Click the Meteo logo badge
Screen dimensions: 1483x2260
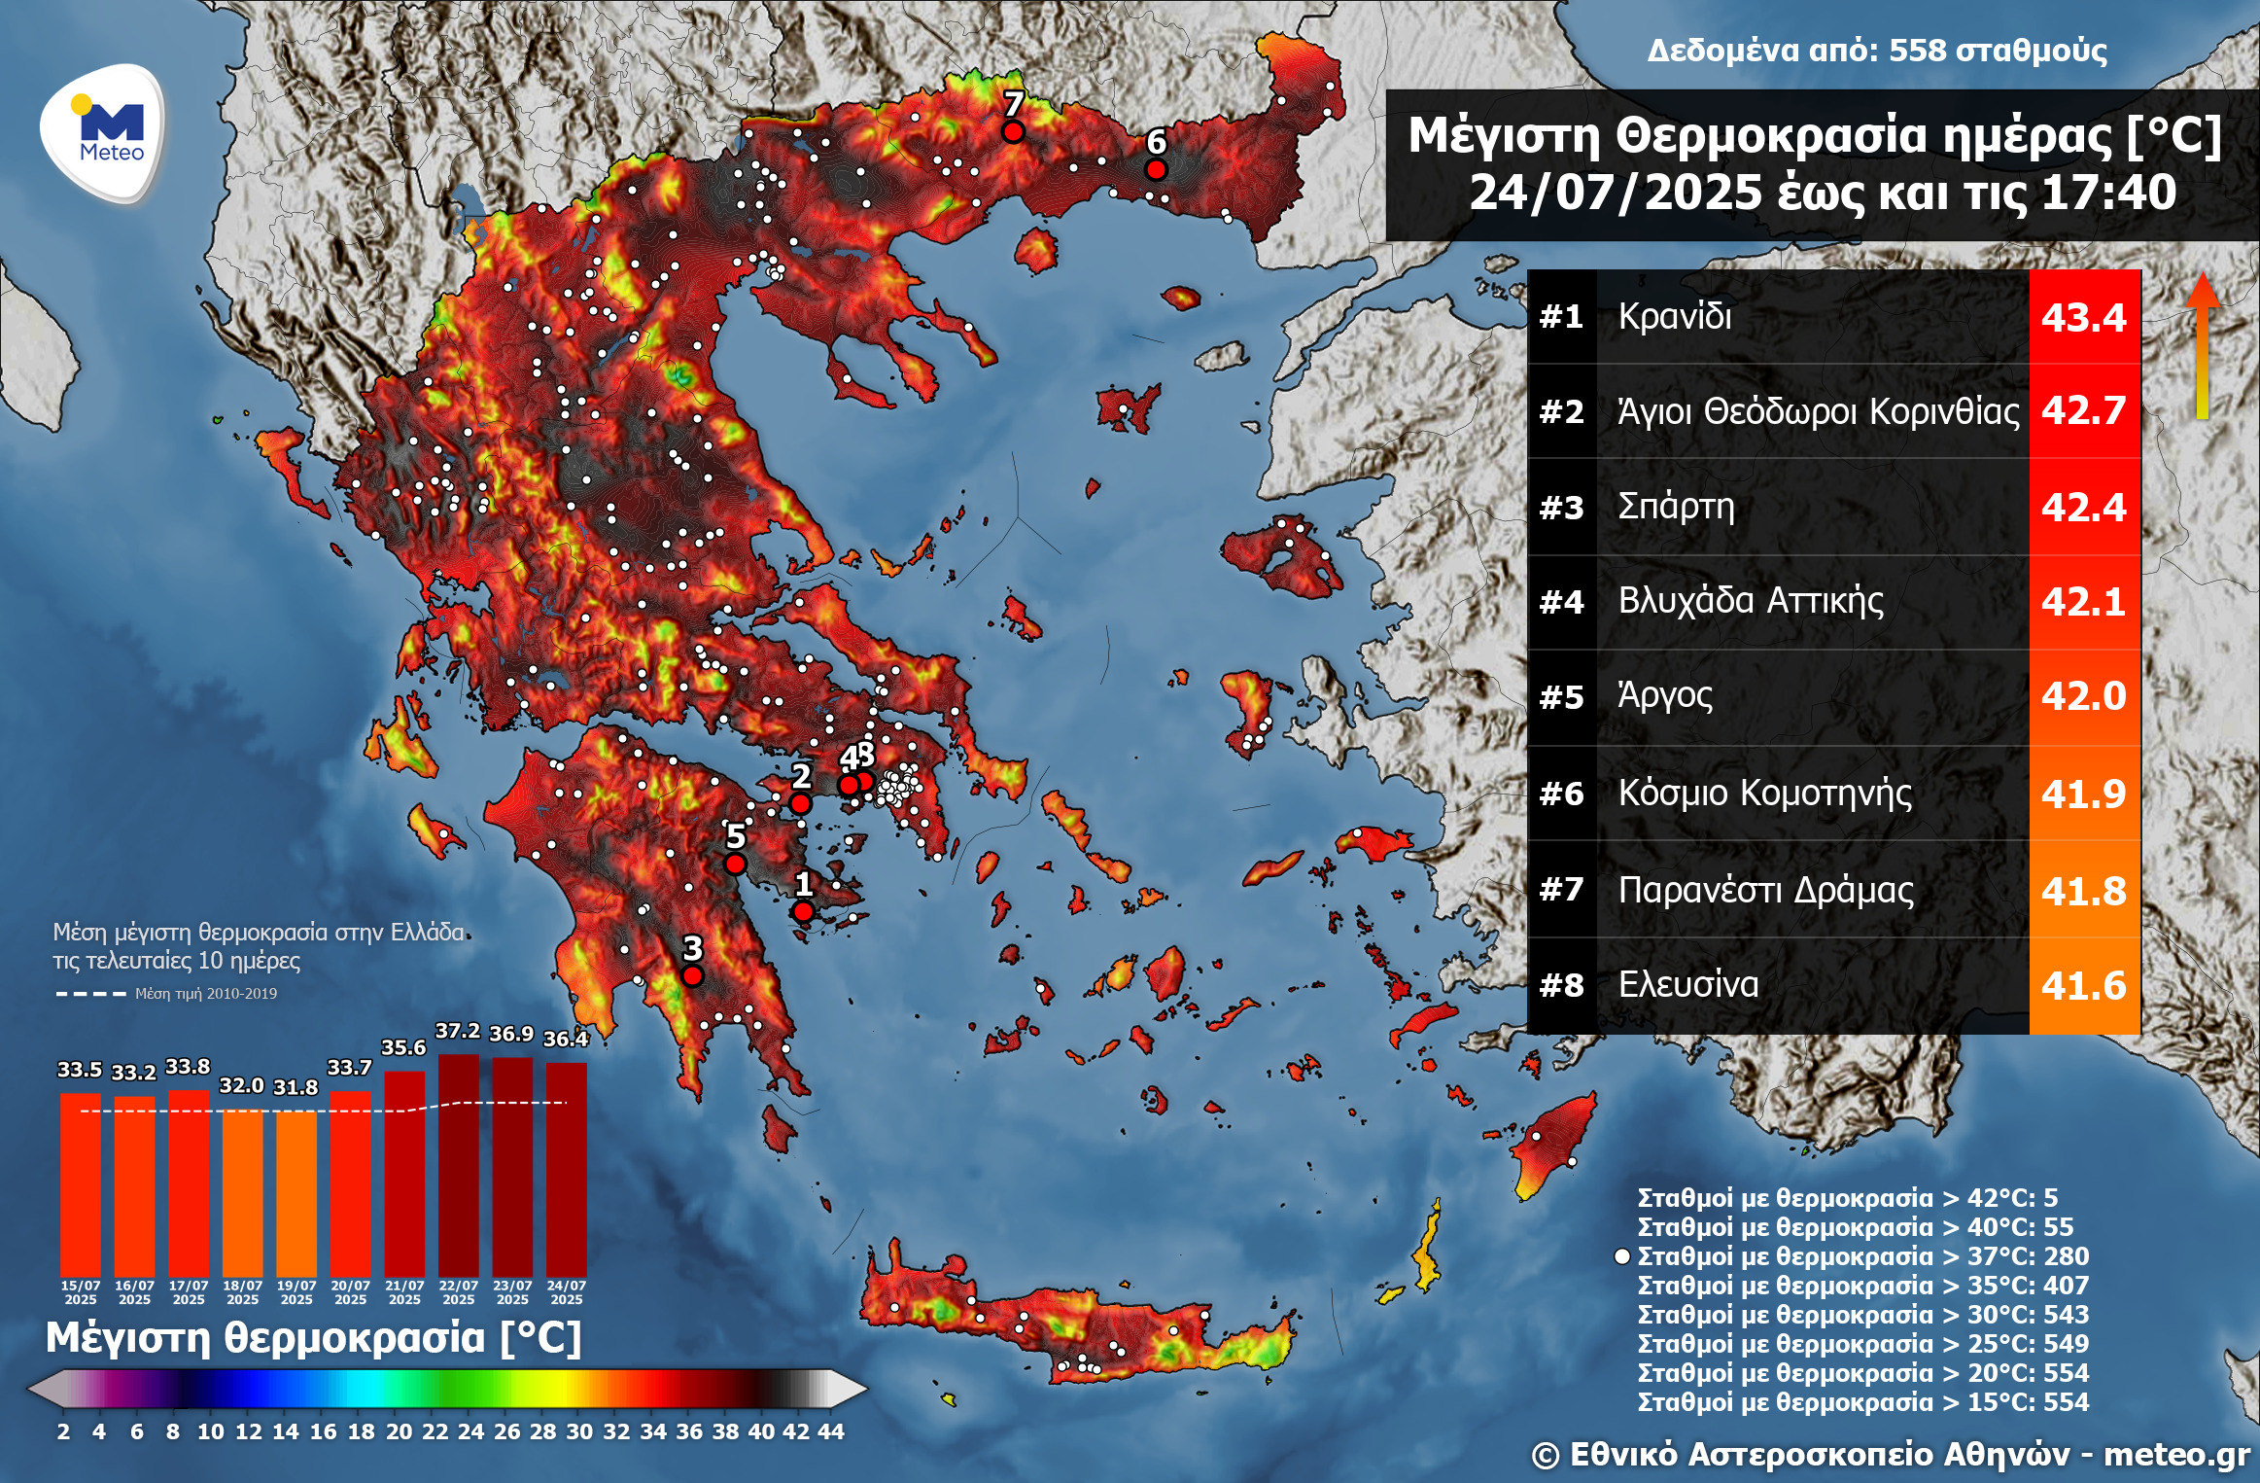tap(102, 133)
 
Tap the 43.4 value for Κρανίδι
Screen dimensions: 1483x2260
tap(2083, 318)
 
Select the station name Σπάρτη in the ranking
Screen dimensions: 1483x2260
tap(1675, 507)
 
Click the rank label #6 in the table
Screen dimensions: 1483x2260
tap(1561, 794)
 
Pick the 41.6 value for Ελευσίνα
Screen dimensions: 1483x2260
tap(2083, 986)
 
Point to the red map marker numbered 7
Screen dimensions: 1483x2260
tap(1013, 131)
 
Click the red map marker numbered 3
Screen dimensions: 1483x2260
tap(692, 975)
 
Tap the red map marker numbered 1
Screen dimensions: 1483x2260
tap(803, 911)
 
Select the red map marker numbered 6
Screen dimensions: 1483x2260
tap(1155, 170)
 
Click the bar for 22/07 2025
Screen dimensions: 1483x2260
tap(458, 1167)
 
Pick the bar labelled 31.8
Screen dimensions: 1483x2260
tap(296, 1191)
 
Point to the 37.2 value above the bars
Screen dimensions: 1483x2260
tap(457, 1031)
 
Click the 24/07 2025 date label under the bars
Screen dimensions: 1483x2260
tap(566, 1292)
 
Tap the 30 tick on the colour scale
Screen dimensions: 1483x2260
tap(579, 1431)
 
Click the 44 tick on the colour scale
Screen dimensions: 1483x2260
tap(830, 1431)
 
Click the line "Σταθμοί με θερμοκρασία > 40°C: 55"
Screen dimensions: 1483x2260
tap(1855, 1227)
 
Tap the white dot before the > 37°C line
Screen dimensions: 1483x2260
tap(1621, 1256)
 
